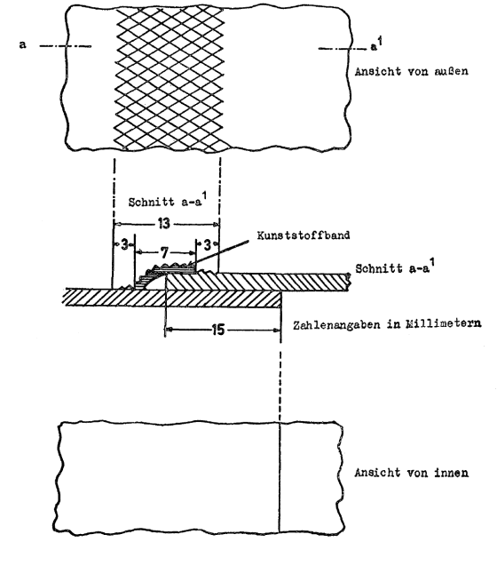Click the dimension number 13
coord(164,223)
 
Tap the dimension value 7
coord(164,252)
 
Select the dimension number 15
coord(217,330)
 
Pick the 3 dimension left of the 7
coord(124,245)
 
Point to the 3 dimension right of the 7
coord(207,245)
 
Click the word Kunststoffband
coord(304,235)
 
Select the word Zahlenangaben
coord(336,325)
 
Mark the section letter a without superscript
coord(23,44)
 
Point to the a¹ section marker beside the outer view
coord(376,44)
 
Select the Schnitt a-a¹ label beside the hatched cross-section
coord(395,267)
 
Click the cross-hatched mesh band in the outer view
coord(170,79)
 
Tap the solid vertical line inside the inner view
coord(280,477)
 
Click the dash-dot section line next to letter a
coord(65,46)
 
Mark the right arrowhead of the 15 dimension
coord(277,330)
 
